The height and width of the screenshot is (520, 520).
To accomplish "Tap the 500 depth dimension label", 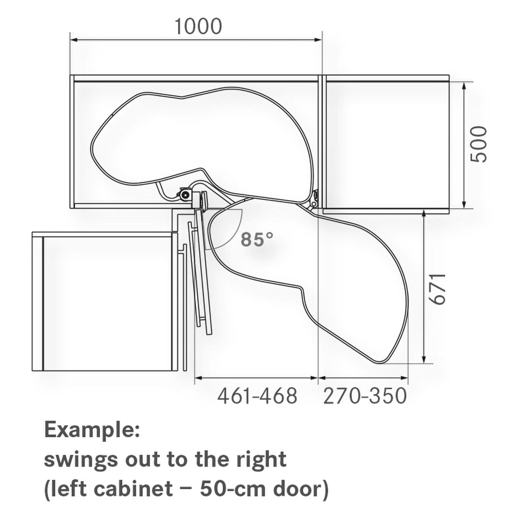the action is (478, 144).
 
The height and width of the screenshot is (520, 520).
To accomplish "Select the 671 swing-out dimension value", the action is (438, 288).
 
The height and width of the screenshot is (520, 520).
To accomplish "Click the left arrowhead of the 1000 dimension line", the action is (74, 40).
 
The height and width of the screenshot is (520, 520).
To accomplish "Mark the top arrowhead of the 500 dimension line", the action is (463, 85).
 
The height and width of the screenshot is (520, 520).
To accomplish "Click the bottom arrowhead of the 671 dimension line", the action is (424, 360).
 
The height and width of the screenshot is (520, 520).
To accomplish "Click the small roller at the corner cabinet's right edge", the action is (315, 196).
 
